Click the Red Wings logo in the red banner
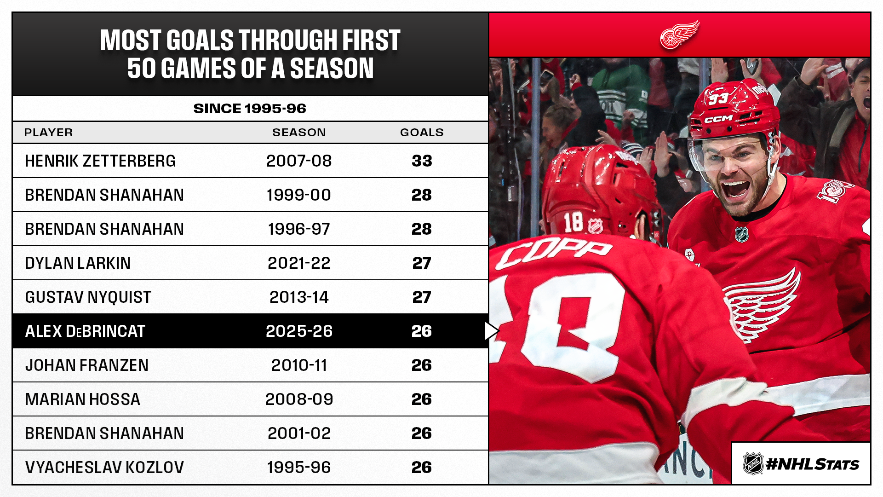pos(679,35)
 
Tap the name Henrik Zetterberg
pos(100,161)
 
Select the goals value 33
pos(422,161)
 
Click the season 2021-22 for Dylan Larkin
pos(299,263)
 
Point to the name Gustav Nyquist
pos(88,297)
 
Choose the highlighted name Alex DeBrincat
pos(85,331)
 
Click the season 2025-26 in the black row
pos(299,331)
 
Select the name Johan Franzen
pos(86,365)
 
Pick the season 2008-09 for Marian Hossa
pos(299,399)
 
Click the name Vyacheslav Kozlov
pos(104,468)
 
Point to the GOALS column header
pos(422,133)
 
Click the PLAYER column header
pos(48,133)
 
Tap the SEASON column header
pos(299,133)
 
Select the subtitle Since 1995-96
pos(250,109)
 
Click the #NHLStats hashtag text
pos(812,464)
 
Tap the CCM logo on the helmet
pos(718,119)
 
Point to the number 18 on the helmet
pos(573,223)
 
